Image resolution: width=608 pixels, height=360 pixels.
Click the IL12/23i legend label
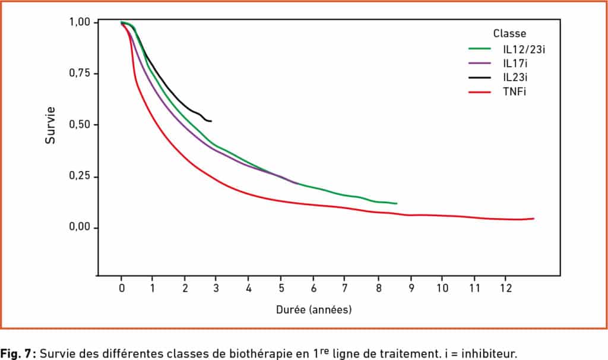point(524,49)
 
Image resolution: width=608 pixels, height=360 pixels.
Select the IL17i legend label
point(515,63)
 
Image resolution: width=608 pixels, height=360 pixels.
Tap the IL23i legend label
point(515,77)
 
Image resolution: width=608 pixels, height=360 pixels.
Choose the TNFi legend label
point(514,91)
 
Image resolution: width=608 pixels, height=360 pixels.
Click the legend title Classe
point(509,33)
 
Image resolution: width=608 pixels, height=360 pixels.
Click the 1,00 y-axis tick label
point(80,22)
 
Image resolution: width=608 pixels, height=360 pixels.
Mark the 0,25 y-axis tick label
point(80,176)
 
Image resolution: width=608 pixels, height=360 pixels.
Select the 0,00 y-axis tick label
point(80,227)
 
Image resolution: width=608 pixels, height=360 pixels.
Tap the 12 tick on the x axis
point(506,288)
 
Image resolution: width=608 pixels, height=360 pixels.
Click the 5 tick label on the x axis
point(281,288)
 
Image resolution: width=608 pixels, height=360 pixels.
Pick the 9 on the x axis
point(411,288)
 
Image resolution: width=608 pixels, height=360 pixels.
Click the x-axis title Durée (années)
point(313,310)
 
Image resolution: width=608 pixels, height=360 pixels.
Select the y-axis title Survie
point(50,125)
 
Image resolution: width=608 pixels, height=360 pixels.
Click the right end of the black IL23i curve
point(211,121)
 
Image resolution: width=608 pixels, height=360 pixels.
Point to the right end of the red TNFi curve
point(534,219)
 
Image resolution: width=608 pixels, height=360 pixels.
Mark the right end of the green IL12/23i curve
point(397,203)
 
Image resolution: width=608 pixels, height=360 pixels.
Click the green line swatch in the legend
point(480,49)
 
